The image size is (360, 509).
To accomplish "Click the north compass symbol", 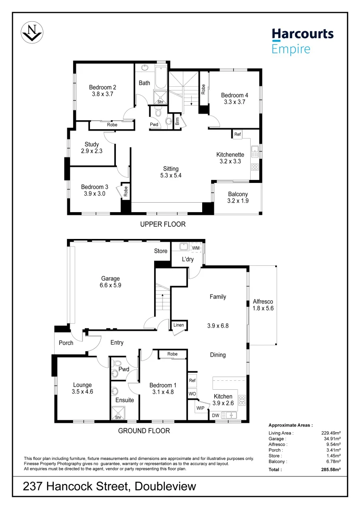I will (x=32, y=32).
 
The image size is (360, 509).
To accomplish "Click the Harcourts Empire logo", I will (x=302, y=41).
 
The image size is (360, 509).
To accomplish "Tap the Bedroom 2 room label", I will (x=103, y=87).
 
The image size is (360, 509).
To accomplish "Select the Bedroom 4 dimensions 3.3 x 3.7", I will (x=235, y=102).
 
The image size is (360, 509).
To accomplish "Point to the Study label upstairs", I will (x=91, y=144).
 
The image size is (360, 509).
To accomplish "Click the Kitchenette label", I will (x=230, y=155).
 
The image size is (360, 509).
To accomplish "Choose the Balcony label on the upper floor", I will (x=237, y=194).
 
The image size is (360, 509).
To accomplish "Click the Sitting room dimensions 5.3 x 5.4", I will (x=171, y=175).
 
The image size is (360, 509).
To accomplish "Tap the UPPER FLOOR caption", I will (x=163, y=224).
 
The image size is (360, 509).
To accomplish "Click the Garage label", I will (x=111, y=279).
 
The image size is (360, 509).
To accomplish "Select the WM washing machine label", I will (x=196, y=247).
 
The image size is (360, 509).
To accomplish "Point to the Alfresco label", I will (x=263, y=301).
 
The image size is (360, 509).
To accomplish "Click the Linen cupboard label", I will (x=179, y=325).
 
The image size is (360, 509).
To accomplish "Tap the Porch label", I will (x=66, y=343).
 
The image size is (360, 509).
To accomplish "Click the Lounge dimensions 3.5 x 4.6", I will (x=82, y=392).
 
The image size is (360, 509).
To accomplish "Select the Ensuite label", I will (x=124, y=400).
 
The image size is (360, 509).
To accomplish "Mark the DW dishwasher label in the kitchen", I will (x=215, y=415).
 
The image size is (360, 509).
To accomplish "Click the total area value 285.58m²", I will (x=330, y=469).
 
